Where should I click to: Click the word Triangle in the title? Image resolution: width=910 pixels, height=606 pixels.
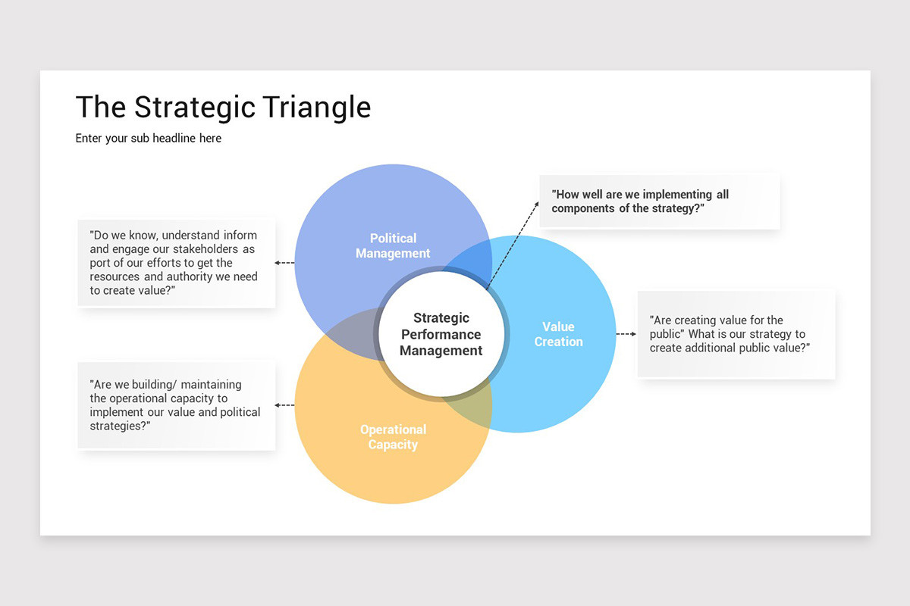coord(315,108)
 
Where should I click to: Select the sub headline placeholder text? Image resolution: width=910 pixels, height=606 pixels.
coord(149,139)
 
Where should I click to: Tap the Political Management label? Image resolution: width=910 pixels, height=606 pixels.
coord(393,246)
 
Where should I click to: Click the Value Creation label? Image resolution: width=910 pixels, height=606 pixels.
coord(558,334)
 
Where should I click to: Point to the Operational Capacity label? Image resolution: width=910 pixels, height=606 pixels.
coord(393,437)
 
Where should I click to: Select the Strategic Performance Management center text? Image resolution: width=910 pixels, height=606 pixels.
coord(441,334)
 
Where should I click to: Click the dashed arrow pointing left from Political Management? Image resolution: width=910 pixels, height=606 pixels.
coord(284,263)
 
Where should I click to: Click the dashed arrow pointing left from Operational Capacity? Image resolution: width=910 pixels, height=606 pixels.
coord(284,405)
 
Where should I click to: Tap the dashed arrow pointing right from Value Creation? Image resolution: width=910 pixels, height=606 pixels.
coord(626,334)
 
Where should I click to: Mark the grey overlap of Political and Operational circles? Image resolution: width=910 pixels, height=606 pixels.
coord(346,334)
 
